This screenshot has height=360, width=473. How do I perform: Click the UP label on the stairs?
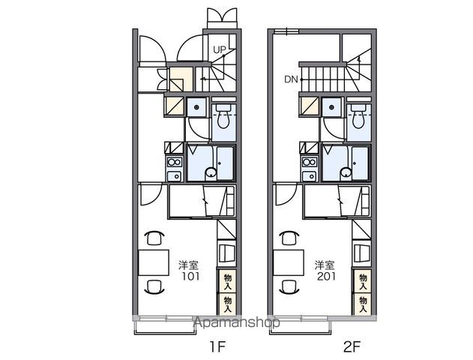(220, 49)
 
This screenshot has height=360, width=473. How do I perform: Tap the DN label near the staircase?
(291, 79)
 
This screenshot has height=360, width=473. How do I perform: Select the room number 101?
(190, 276)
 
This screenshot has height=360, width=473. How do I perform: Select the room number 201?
(326, 276)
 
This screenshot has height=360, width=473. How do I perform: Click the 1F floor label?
(218, 346)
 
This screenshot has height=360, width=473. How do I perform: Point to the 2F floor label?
(352, 346)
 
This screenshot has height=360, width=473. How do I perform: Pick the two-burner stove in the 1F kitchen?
(175, 162)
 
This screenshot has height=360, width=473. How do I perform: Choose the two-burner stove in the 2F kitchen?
(310, 162)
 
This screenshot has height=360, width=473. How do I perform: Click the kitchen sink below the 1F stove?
(175, 176)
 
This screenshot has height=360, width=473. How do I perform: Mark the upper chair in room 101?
(154, 237)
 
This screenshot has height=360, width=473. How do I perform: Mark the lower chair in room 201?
(289, 287)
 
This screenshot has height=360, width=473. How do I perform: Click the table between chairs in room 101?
(154, 262)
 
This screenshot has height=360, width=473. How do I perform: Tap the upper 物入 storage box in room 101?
(227, 282)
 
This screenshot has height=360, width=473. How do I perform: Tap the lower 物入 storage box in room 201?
(362, 304)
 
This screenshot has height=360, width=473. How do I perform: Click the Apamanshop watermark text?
(237, 322)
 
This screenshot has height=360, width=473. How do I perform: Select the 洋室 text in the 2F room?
(325, 265)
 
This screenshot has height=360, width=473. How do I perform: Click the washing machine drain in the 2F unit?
(332, 107)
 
